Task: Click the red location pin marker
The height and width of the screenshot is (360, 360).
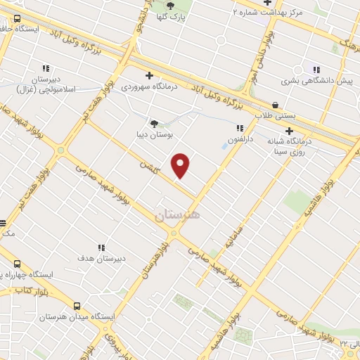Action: [181, 165]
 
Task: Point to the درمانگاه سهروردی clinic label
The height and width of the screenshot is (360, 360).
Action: [147, 87]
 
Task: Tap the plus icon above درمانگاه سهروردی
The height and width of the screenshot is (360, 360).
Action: [148, 76]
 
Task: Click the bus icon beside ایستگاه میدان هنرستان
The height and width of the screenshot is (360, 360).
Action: [76, 306]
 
